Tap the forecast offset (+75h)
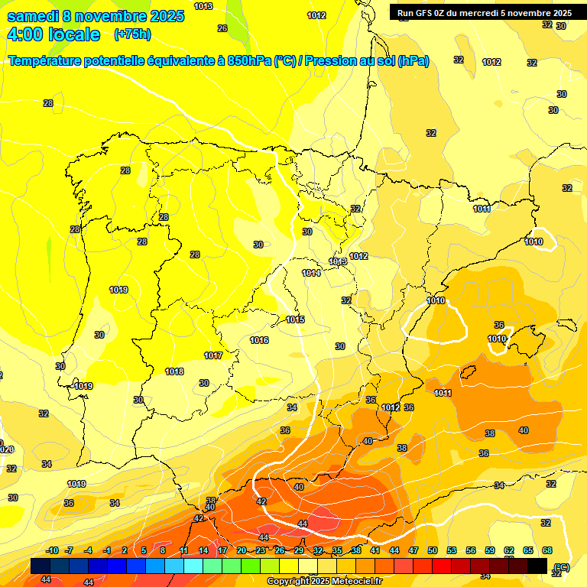131,34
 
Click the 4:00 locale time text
54,34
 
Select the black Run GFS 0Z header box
485,12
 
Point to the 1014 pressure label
311,273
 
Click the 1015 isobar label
296,319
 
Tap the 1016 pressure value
259,340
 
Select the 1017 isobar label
213,355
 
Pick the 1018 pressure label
174,371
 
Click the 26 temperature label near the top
222,28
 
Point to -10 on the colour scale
52,550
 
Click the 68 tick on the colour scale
547,550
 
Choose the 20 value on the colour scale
242,550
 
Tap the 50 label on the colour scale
433,550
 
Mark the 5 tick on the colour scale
144,550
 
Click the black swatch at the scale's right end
537,566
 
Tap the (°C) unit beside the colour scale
562,566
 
